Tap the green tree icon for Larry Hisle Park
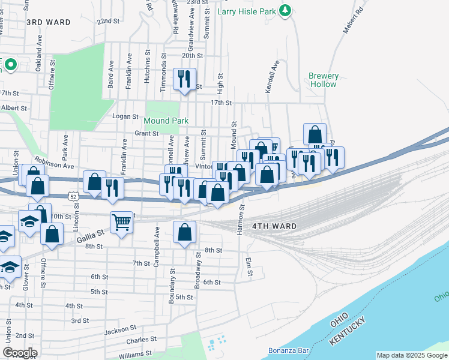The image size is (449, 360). (x=287, y=10)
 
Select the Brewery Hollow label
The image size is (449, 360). (x=324, y=80)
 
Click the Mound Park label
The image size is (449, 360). (x=166, y=121)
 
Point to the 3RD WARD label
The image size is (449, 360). (x=48, y=22)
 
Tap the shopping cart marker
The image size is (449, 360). (x=122, y=223)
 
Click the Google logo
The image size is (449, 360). (x=20, y=353)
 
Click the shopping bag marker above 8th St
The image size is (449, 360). (x=185, y=232)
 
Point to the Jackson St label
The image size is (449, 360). (x=119, y=330)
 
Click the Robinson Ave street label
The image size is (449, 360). (x=54, y=162)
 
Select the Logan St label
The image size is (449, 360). (x=125, y=116)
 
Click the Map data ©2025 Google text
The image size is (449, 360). (x=412, y=355)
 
